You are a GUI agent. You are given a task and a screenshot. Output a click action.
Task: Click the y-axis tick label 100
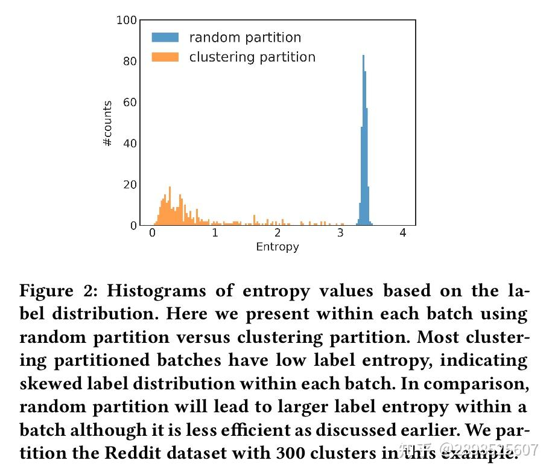(x=127, y=21)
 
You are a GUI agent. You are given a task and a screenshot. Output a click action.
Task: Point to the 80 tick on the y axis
(x=130, y=62)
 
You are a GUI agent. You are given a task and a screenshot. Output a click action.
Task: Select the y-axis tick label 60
(x=130, y=103)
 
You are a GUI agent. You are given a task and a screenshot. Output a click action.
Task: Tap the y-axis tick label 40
(x=130, y=144)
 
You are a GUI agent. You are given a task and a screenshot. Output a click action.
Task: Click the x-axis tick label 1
(x=215, y=234)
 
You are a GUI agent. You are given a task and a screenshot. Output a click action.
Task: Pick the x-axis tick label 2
(x=278, y=234)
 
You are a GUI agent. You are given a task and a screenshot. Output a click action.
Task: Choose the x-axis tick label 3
(x=340, y=234)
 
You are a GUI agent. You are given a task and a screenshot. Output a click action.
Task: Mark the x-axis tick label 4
(x=403, y=234)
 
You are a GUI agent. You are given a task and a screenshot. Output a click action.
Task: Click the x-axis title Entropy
(x=278, y=247)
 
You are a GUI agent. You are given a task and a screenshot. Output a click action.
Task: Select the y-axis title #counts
(x=107, y=123)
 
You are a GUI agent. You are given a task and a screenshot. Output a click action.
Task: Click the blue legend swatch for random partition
(x=165, y=37)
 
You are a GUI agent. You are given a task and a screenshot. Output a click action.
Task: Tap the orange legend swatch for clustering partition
(x=165, y=57)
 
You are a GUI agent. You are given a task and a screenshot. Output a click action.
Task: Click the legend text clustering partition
(x=252, y=57)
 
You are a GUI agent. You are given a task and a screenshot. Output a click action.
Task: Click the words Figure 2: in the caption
(x=59, y=292)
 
